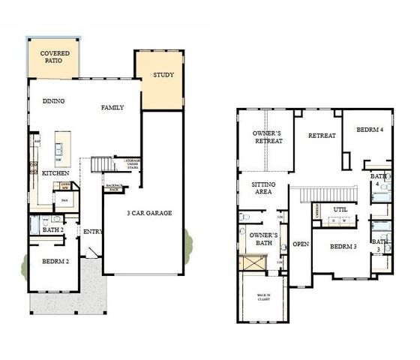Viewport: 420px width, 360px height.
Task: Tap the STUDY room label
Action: click(163, 75)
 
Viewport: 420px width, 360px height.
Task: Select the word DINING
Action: click(53, 101)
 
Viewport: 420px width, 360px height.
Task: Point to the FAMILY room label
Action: click(112, 107)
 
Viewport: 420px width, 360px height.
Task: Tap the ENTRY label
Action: click(94, 232)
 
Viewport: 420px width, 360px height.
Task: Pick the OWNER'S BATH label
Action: click(263, 239)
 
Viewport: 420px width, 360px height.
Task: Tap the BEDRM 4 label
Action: click(369, 129)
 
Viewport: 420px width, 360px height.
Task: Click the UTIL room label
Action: click(340, 210)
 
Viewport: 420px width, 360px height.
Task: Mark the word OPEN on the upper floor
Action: click(301, 244)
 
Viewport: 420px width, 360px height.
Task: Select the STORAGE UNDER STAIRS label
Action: click(133, 163)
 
